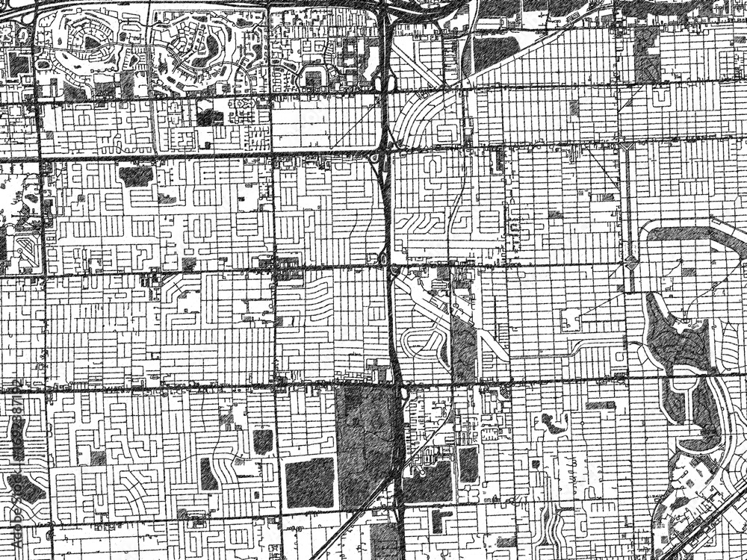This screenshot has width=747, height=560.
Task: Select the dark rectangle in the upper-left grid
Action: (x=135, y=175)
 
